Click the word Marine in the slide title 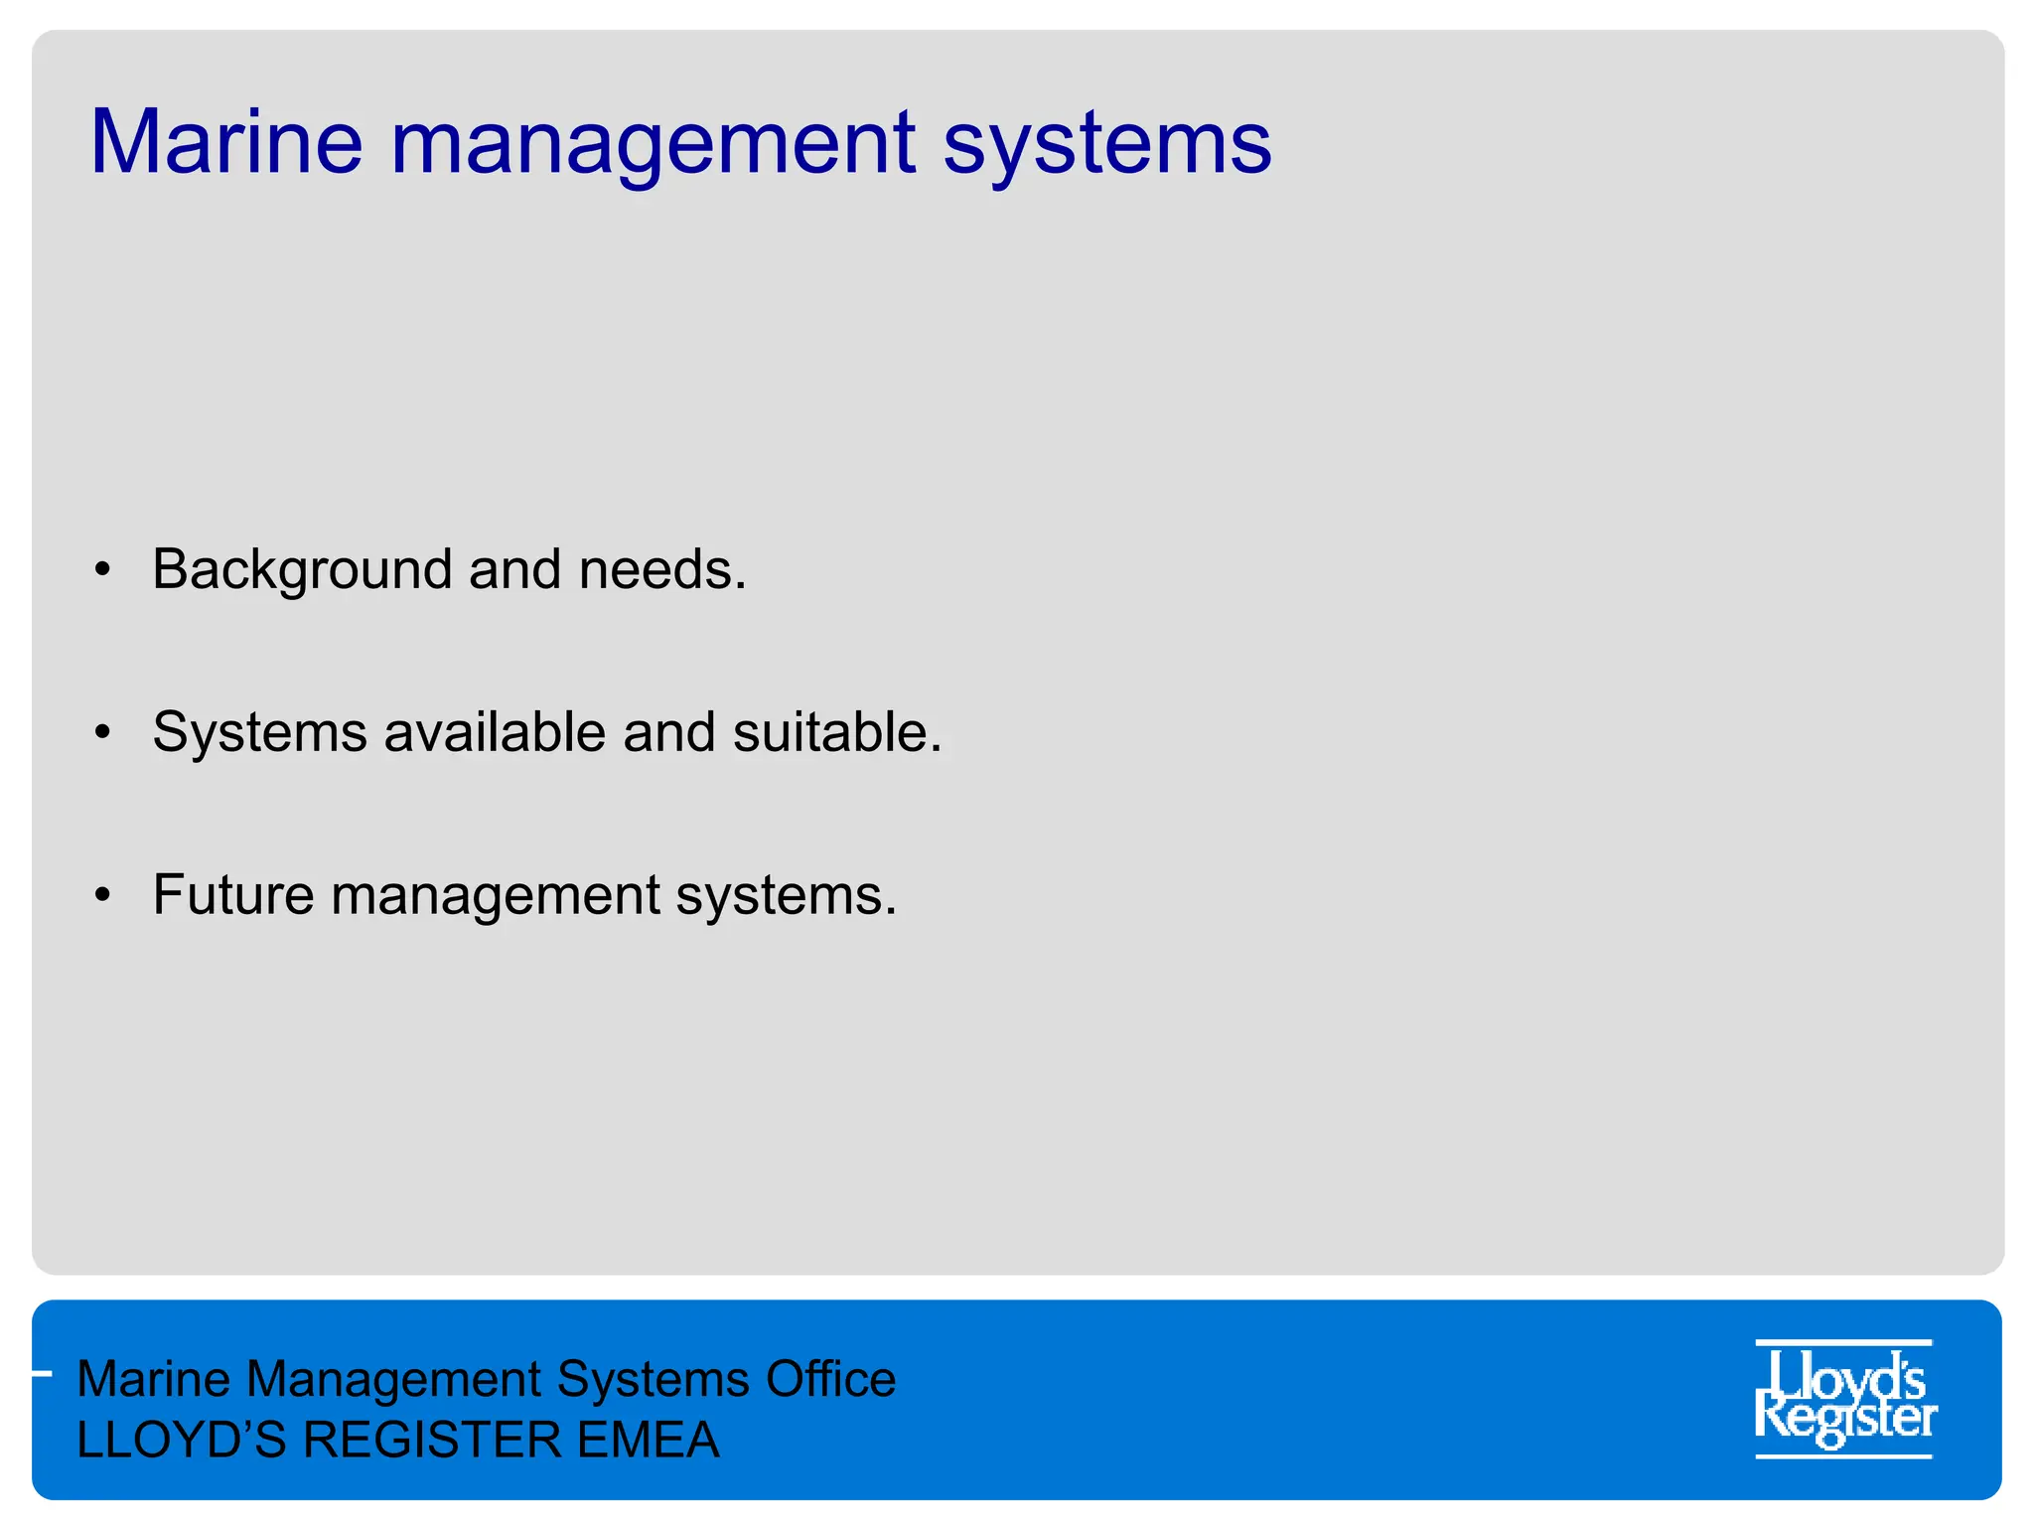[x=226, y=141]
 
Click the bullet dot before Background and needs [x=102, y=570]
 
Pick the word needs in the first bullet [x=661, y=570]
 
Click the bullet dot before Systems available [x=102, y=733]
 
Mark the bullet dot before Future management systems [x=102, y=895]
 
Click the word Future [x=233, y=895]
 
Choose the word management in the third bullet [x=496, y=897]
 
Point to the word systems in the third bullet [x=786, y=897]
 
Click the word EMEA [x=648, y=1441]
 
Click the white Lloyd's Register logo [x=1844, y=1399]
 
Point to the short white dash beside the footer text [x=41, y=1374]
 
